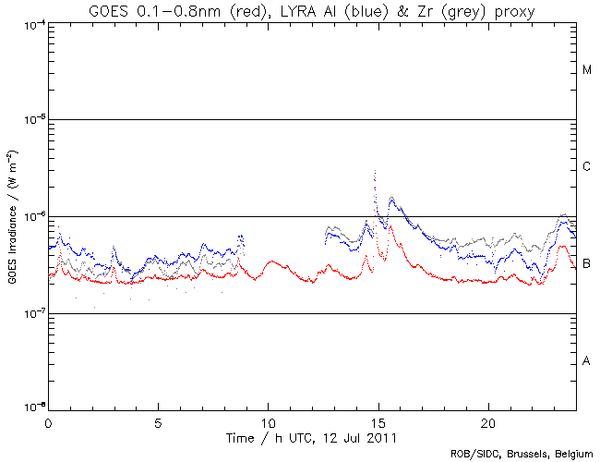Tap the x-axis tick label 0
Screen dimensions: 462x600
tap(48, 421)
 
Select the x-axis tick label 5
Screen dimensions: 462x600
tap(158, 421)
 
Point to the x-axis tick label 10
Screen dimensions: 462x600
tap(268, 421)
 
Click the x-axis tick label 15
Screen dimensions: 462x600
tap(378, 421)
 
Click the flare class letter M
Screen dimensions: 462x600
tap(587, 70)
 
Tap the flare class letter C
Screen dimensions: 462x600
tap(587, 167)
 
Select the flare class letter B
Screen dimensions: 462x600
tap(587, 264)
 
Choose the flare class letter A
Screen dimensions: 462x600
tap(587, 361)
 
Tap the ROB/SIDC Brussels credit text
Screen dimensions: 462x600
tap(519, 455)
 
